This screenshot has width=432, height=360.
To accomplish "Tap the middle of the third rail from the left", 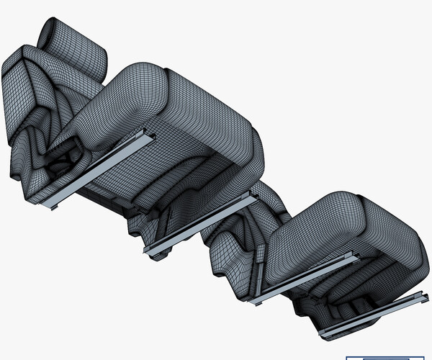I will [x=302, y=277].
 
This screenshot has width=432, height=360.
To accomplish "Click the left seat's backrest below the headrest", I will [x=29, y=94].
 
